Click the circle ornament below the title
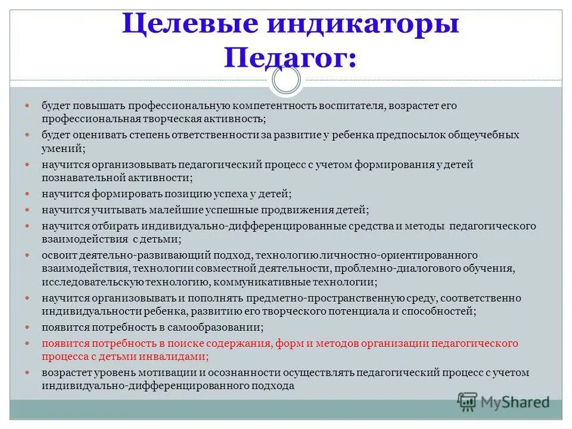tap(287, 80)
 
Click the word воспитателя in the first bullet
tap(350, 105)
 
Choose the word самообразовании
tap(226, 327)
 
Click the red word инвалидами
tap(179, 356)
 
